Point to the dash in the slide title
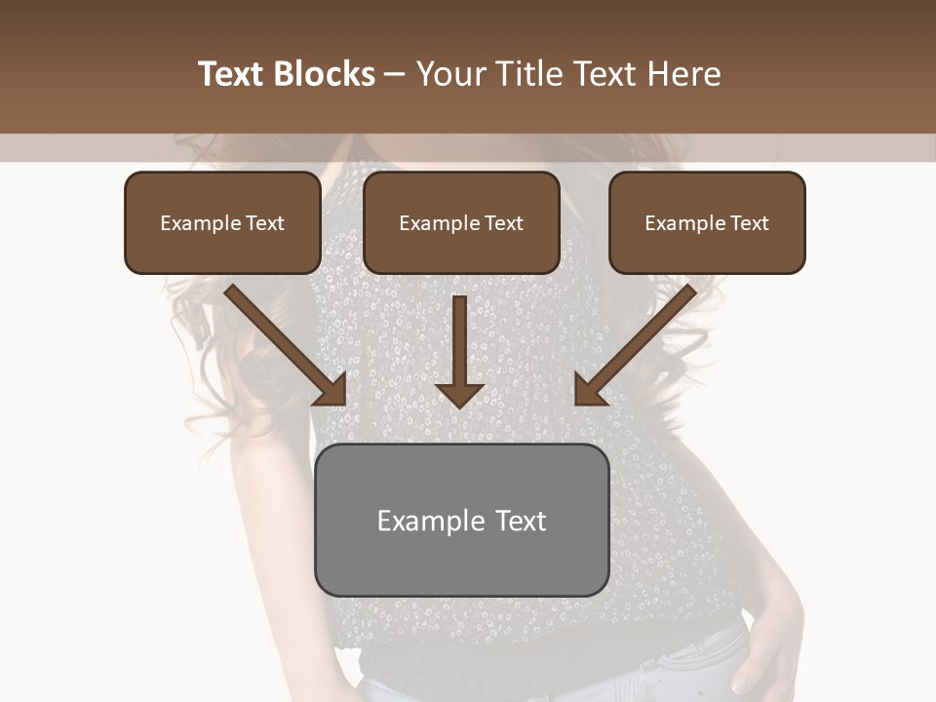[394, 75]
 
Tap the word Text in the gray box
[521, 521]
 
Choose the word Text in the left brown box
[265, 223]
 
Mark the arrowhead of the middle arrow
[459, 394]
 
